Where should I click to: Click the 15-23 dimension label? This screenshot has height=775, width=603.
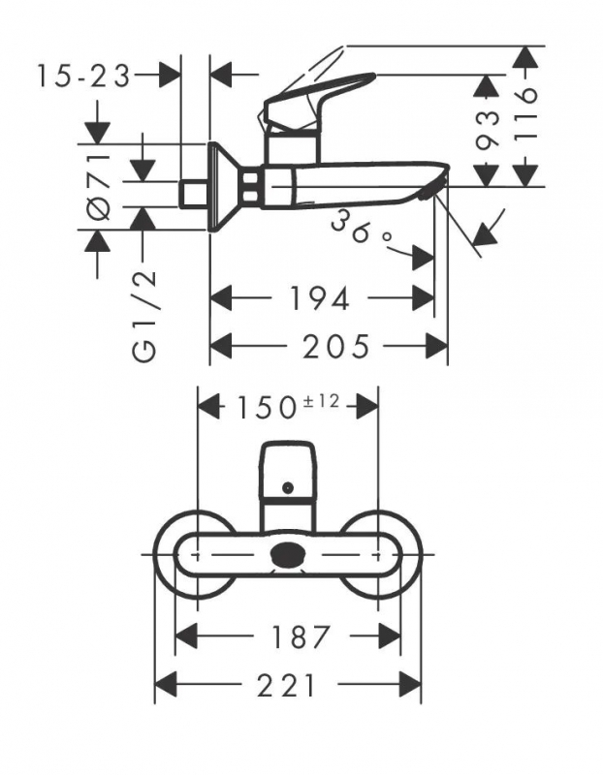click(x=83, y=77)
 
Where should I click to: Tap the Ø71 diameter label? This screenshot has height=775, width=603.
click(x=99, y=186)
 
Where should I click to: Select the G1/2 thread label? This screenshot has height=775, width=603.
click(x=144, y=318)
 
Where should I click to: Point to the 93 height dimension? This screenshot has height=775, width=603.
click(x=487, y=130)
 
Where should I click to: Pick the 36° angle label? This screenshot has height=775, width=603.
click(x=361, y=228)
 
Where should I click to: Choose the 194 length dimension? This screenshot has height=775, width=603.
click(x=319, y=298)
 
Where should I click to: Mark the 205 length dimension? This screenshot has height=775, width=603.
click(x=335, y=346)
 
